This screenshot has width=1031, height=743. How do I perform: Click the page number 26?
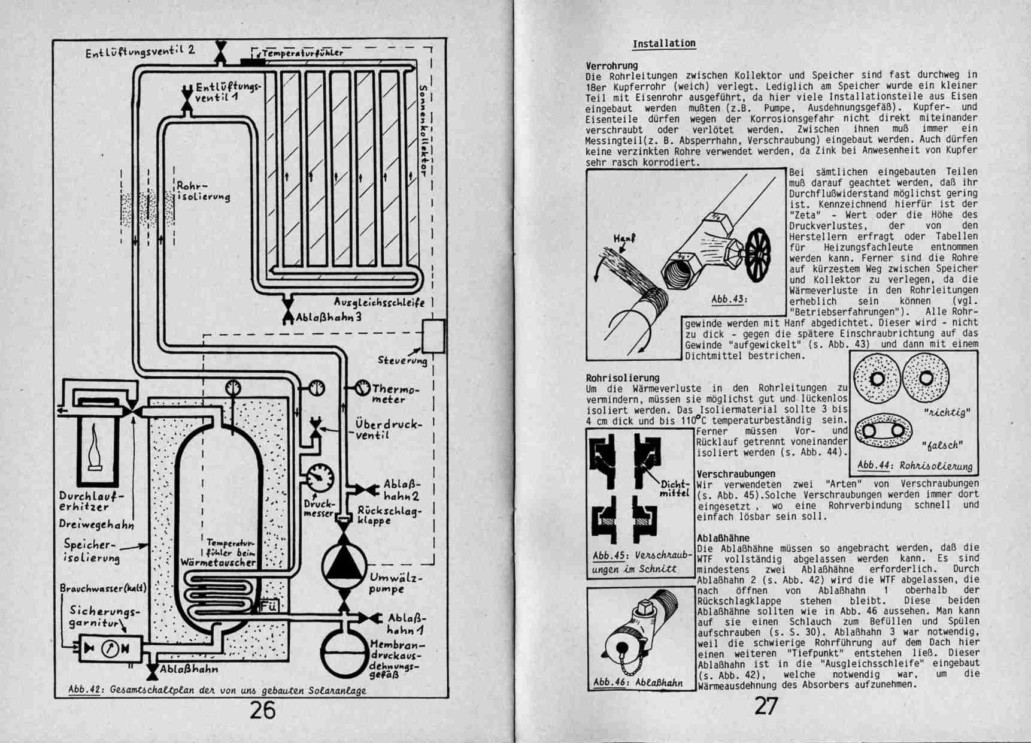(x=262, y=711)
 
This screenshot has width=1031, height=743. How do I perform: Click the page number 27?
(x=766, y=707)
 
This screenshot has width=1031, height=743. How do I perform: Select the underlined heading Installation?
(x=664, y=44)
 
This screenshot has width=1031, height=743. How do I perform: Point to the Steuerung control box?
(x=433, y=336)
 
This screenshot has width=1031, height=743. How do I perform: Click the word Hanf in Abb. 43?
(x=624, y=239)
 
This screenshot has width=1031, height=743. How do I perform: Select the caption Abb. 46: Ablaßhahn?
(x=638, y=682)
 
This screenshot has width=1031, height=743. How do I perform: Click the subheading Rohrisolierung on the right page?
(x=623, y=378)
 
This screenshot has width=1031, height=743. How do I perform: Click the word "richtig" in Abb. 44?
(x=947, y=413)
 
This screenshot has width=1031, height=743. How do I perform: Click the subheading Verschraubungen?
(x=736, y=474)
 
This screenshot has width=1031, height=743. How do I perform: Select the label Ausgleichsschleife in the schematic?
(x=379, y=302)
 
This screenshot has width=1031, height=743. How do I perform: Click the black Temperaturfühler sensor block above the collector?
(x=253, y=61)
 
